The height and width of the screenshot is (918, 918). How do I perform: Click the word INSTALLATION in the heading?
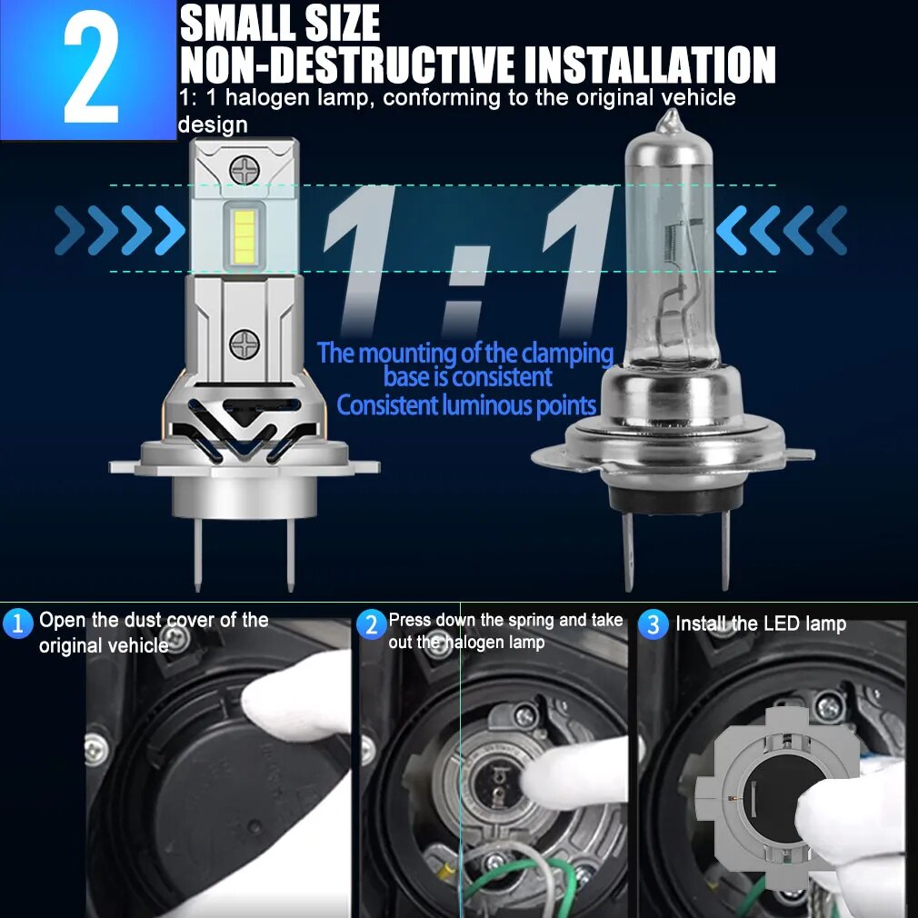(650, 65)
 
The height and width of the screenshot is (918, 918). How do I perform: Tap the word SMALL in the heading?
(237, 24)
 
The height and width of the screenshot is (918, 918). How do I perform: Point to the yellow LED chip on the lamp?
(244, 236)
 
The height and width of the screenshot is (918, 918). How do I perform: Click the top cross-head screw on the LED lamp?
(244, 170)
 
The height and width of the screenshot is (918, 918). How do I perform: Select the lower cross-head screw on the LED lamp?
(244, 344)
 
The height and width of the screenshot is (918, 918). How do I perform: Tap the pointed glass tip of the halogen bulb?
(671, 120)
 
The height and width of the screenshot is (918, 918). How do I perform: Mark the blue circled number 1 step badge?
(17, 623)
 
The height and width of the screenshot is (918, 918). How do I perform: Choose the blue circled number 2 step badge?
(371, 624)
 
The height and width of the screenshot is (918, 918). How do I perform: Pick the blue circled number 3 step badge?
(653, 624)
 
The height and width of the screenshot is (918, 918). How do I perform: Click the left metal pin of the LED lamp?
(198, 554)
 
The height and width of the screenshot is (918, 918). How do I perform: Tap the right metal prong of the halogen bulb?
(725, 550)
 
